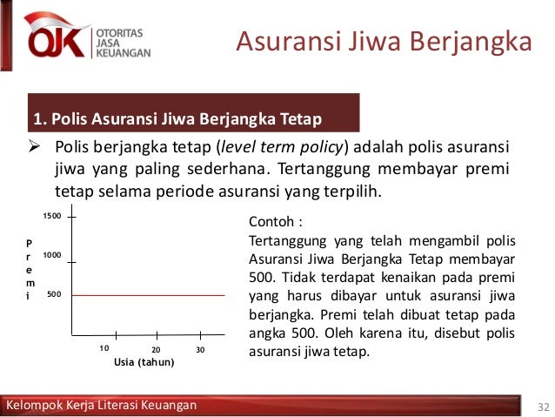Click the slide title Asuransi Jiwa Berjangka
(x=384, y=41)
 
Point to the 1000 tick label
(x=52, y=256)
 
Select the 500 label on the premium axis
(x=55, y=295)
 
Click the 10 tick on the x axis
(x=104, y=347)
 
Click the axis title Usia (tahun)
(x=144, y=362)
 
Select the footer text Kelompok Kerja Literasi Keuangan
(x=101, y=406)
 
